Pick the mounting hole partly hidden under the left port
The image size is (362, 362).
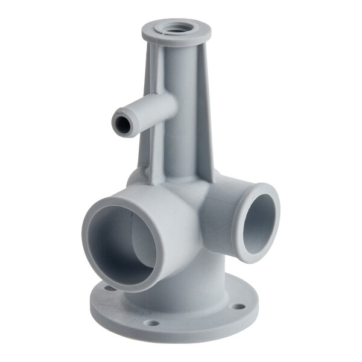point(109,288)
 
